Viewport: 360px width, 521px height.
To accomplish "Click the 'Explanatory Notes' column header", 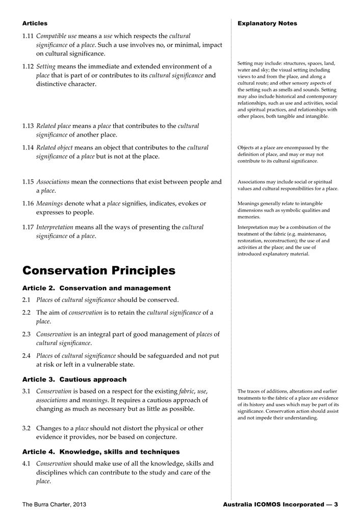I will click(x=267, y=23).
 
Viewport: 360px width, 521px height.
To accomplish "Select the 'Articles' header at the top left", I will click(x=35, y=23).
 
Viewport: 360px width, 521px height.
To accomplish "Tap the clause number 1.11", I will click(x=28, y=36).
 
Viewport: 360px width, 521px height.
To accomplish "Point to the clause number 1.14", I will click(x=28, y=148).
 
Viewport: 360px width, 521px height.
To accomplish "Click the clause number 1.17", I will click(x=28, y=227).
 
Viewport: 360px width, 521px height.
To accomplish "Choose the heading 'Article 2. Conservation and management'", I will click(x=96, y=288).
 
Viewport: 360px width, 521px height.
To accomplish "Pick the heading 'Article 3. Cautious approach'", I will click(x=74, y=379).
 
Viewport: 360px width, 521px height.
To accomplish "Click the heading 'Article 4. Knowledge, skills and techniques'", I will click(x=101, y=452).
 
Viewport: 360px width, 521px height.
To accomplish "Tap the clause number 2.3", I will click(x=27, y=334).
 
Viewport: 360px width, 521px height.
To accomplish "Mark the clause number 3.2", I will click(x=27, y=428).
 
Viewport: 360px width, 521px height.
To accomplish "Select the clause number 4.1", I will click(x=27, y=464).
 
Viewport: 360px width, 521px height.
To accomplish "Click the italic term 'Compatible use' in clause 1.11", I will click(x=56, y=36).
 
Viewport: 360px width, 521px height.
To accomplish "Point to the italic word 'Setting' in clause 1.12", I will click(x=46, y=67).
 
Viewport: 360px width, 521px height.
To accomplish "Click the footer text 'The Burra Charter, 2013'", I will click(x=54, y=505).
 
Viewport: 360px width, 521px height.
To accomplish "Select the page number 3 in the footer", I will click(x=336, y=505).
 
